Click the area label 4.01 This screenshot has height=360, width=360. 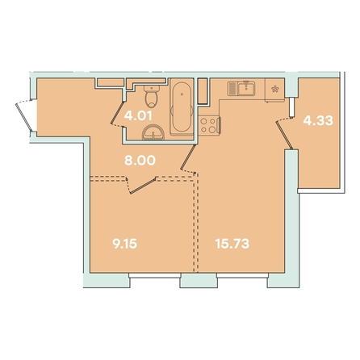point(138,115)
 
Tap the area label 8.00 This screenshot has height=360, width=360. point(140,161)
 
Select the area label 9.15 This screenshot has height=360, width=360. point(125,244)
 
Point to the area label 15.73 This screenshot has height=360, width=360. point(232,244)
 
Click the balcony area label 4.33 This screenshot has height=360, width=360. point(318,120)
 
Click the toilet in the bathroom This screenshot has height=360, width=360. point(152,96)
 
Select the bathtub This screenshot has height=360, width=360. point(182,107)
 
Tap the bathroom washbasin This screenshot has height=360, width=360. point(153,132)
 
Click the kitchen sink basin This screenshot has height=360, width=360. point(246,89)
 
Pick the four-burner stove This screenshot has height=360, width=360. point(209,125)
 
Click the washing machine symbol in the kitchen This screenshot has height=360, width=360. point(274,90)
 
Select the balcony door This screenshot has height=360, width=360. point(284,134)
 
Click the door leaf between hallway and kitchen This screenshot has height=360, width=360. point(188,157)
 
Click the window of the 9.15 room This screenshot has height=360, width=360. point(154,275)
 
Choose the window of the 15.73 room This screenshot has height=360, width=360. point(242,275)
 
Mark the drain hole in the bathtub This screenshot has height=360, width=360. point(182,94)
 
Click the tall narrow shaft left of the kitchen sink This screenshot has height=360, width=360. point(203,91)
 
